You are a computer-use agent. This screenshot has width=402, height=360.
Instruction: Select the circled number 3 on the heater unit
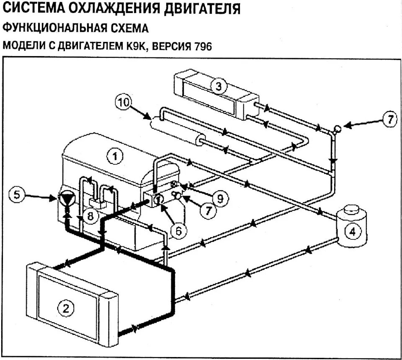click(218, 87)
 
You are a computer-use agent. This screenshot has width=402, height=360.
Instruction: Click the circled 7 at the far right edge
click(389, 119)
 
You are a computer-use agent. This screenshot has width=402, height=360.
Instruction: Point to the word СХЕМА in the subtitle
click(127, 28)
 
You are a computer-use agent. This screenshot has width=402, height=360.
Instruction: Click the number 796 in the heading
click(203, 46)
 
